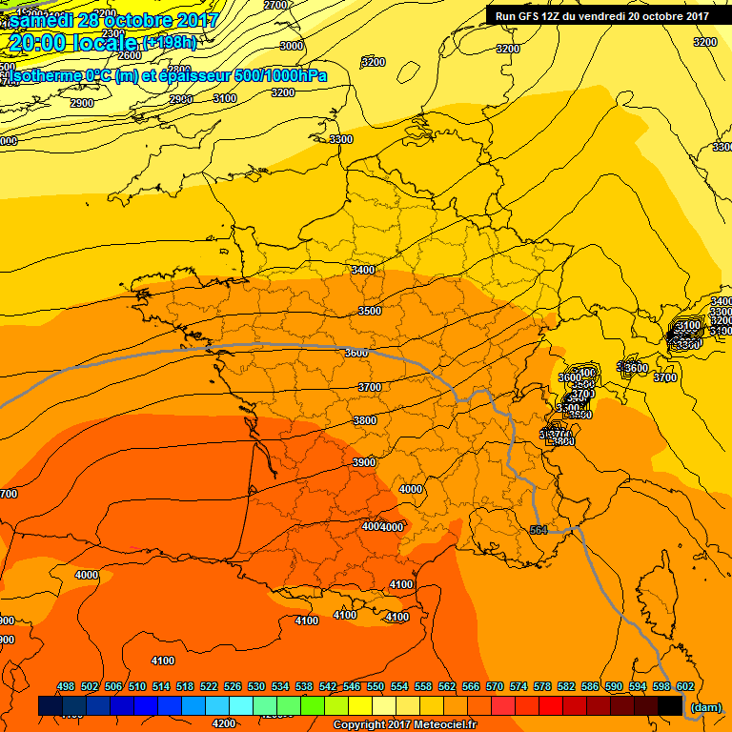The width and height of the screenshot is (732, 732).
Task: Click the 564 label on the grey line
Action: pos(539,530)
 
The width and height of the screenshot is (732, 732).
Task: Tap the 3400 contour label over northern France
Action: pos(363,270)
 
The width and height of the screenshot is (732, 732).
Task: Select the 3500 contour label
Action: pos(369,311)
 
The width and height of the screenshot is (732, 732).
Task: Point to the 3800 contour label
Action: pos(364,420)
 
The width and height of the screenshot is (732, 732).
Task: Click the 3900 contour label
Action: pos(364,461)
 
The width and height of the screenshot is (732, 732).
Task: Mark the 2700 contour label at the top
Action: pos(274,6)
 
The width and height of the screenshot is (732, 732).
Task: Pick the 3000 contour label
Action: pos(292,46)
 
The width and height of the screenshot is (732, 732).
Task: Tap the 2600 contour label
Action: pos(129,82)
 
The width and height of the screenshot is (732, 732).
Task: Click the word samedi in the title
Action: pos(45,20)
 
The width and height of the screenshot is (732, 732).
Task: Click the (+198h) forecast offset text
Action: pos(170,43)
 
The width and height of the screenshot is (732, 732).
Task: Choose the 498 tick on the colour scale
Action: pos(66,686)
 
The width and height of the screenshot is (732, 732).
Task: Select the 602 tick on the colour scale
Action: pos(685,686)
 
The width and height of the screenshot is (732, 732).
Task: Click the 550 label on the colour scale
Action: pos(376,686)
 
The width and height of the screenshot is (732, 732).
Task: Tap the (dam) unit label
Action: pos(705,707)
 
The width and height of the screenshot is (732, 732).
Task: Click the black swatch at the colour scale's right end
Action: pos(670,706)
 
